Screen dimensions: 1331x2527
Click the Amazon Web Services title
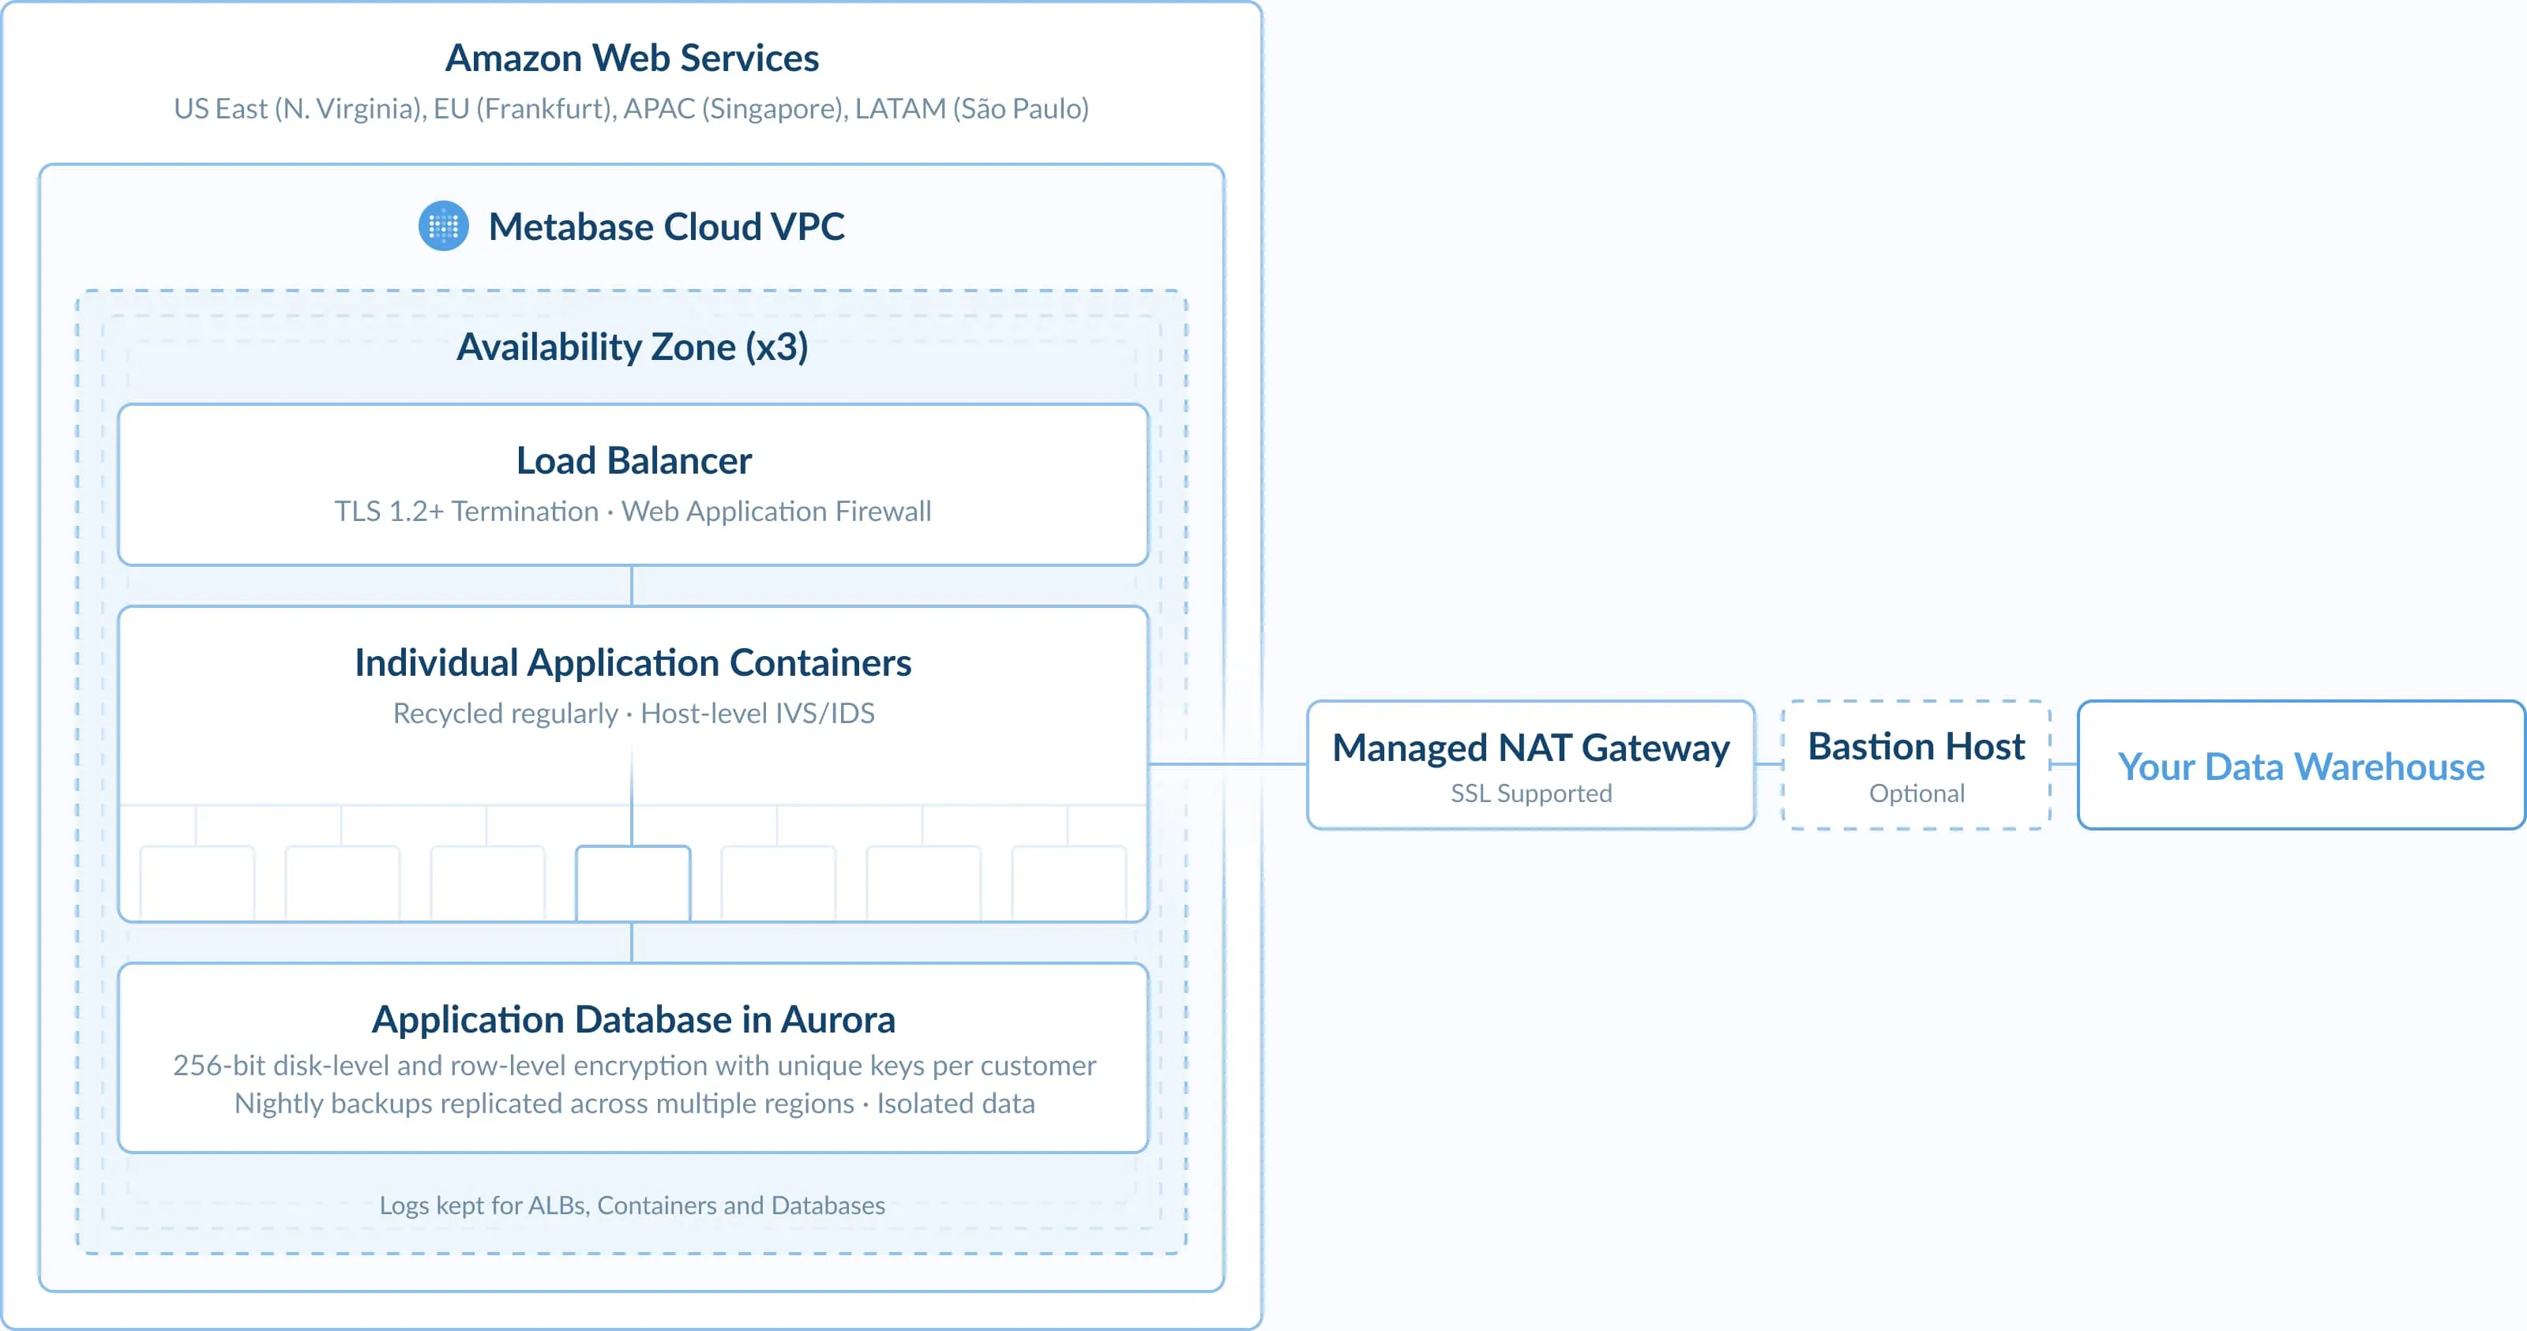pyautogui.click(x=632, y=58)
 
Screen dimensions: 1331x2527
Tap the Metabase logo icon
pyautogui.click(x=443, y=227)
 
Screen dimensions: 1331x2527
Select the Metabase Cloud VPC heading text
pyautogui.click(x=666, y=227)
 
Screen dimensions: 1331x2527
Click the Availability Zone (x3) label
pyautogui.click(x=632, y=347)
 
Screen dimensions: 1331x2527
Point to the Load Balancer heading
pyautogui.click(x=633, y=461)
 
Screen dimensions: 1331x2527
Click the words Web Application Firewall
pyautogui.click(x=776, y=511)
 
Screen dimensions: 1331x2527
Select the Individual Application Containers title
pyautogui.click(x=633, y=663)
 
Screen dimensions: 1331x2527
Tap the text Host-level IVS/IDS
pyautogui.click(x=757, y=713)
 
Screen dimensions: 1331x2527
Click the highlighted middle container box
pyautogui.click(x=633, y=882)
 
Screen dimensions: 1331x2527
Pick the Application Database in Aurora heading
pyautogui.click(x=633, y=1019)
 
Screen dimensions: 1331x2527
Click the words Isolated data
pyautogui.click(x=956, y=1104)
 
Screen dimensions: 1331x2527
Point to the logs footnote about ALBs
pyautogui.click(x=632, y=1205)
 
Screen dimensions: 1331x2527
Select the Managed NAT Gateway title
pyautogui.click(x=1530, y=748)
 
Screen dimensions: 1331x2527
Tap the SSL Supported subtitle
pyautogui.click(x=1530, y=793)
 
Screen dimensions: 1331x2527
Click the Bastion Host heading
pyautogui.click(x=1916, y=747)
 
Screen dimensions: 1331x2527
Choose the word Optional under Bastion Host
pyautogui.click(x=1916, y=793)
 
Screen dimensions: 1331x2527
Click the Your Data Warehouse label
pyautogui.click(x=2300, y=766)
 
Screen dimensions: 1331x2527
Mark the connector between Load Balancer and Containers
pyautogui.click(x=632, y=586)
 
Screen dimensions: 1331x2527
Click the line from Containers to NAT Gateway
pyautogui.click(x=1226, y=763)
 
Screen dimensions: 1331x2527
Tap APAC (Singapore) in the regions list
pyautogui.click(x=734, y=108)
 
